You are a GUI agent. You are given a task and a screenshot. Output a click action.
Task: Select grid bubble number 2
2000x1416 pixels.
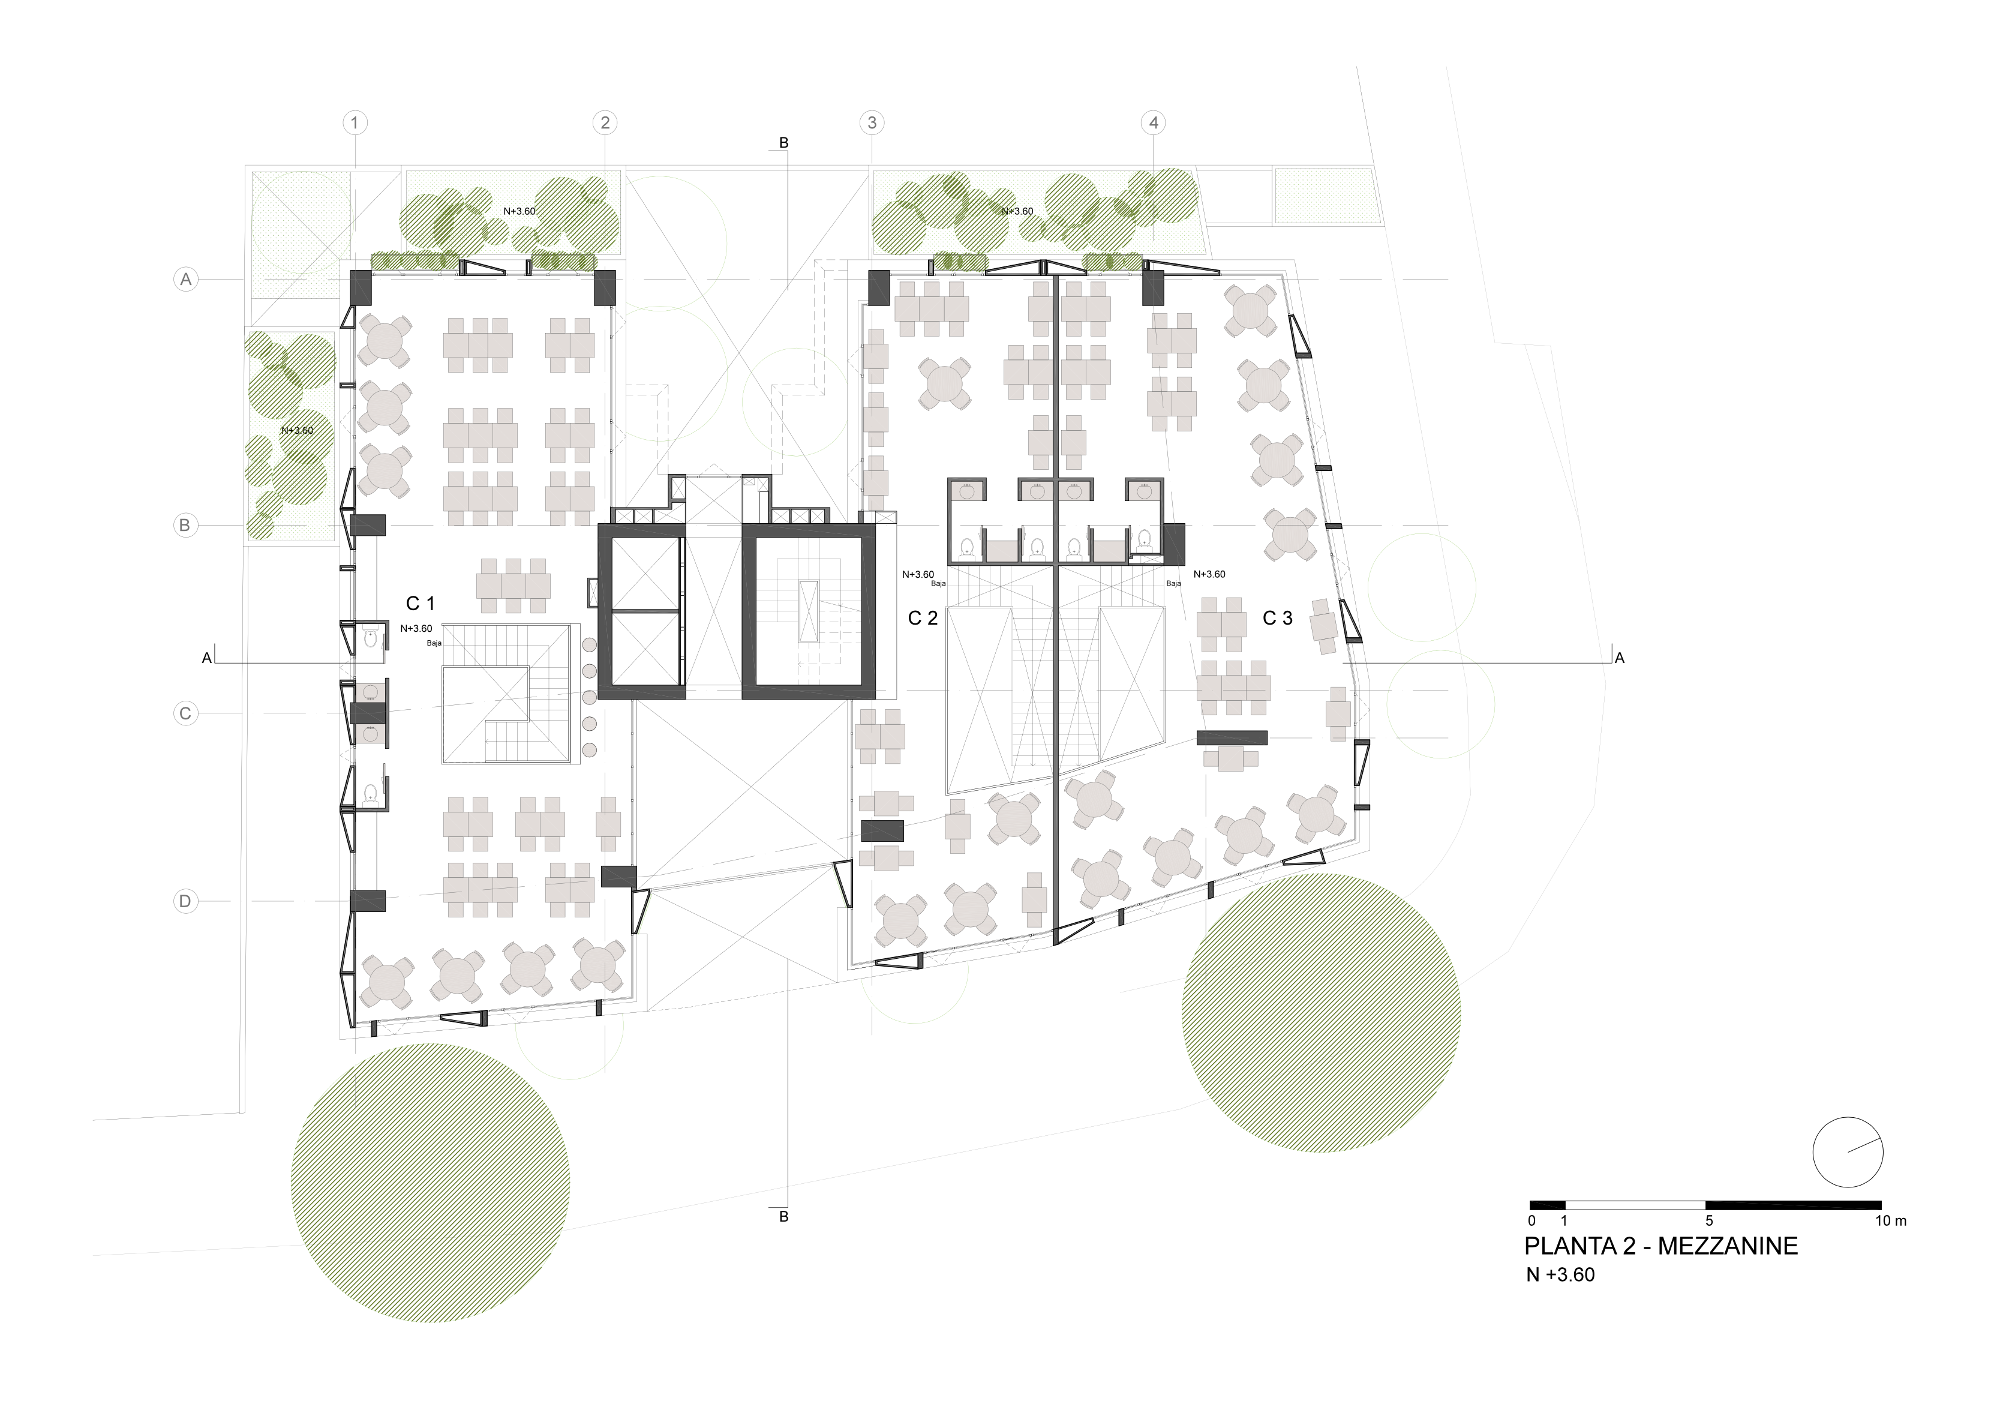(605, 123)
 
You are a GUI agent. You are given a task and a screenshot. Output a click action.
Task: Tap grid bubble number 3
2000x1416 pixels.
(872, 123)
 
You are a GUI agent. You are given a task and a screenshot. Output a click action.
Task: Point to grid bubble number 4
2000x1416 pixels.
(1154, 123)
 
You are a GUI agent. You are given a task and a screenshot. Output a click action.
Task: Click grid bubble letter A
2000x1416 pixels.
(185, 280)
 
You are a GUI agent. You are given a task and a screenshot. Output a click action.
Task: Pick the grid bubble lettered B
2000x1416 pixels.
(185, 526)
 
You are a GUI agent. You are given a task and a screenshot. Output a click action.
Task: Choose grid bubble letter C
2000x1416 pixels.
(185, 714)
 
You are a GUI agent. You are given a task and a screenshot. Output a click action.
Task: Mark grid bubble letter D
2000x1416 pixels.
(185, 902)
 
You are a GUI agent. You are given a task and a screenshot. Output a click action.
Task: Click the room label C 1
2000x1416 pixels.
(421, 604)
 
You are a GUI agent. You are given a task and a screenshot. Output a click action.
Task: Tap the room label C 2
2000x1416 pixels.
(923, 618)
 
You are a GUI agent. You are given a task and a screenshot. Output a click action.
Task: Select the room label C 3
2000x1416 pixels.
(1277, 618)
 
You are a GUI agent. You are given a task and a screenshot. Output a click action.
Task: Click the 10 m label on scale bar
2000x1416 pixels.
(1891, 1220)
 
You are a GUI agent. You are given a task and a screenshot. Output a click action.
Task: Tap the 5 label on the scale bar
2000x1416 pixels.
(1709, 1220)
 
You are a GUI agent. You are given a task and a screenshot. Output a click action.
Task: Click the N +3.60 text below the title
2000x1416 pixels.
(1560, 1275)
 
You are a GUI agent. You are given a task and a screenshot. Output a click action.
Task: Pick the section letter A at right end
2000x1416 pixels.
(1620, 658)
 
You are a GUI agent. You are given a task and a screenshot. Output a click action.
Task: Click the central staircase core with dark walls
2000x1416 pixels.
(807, 611)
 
